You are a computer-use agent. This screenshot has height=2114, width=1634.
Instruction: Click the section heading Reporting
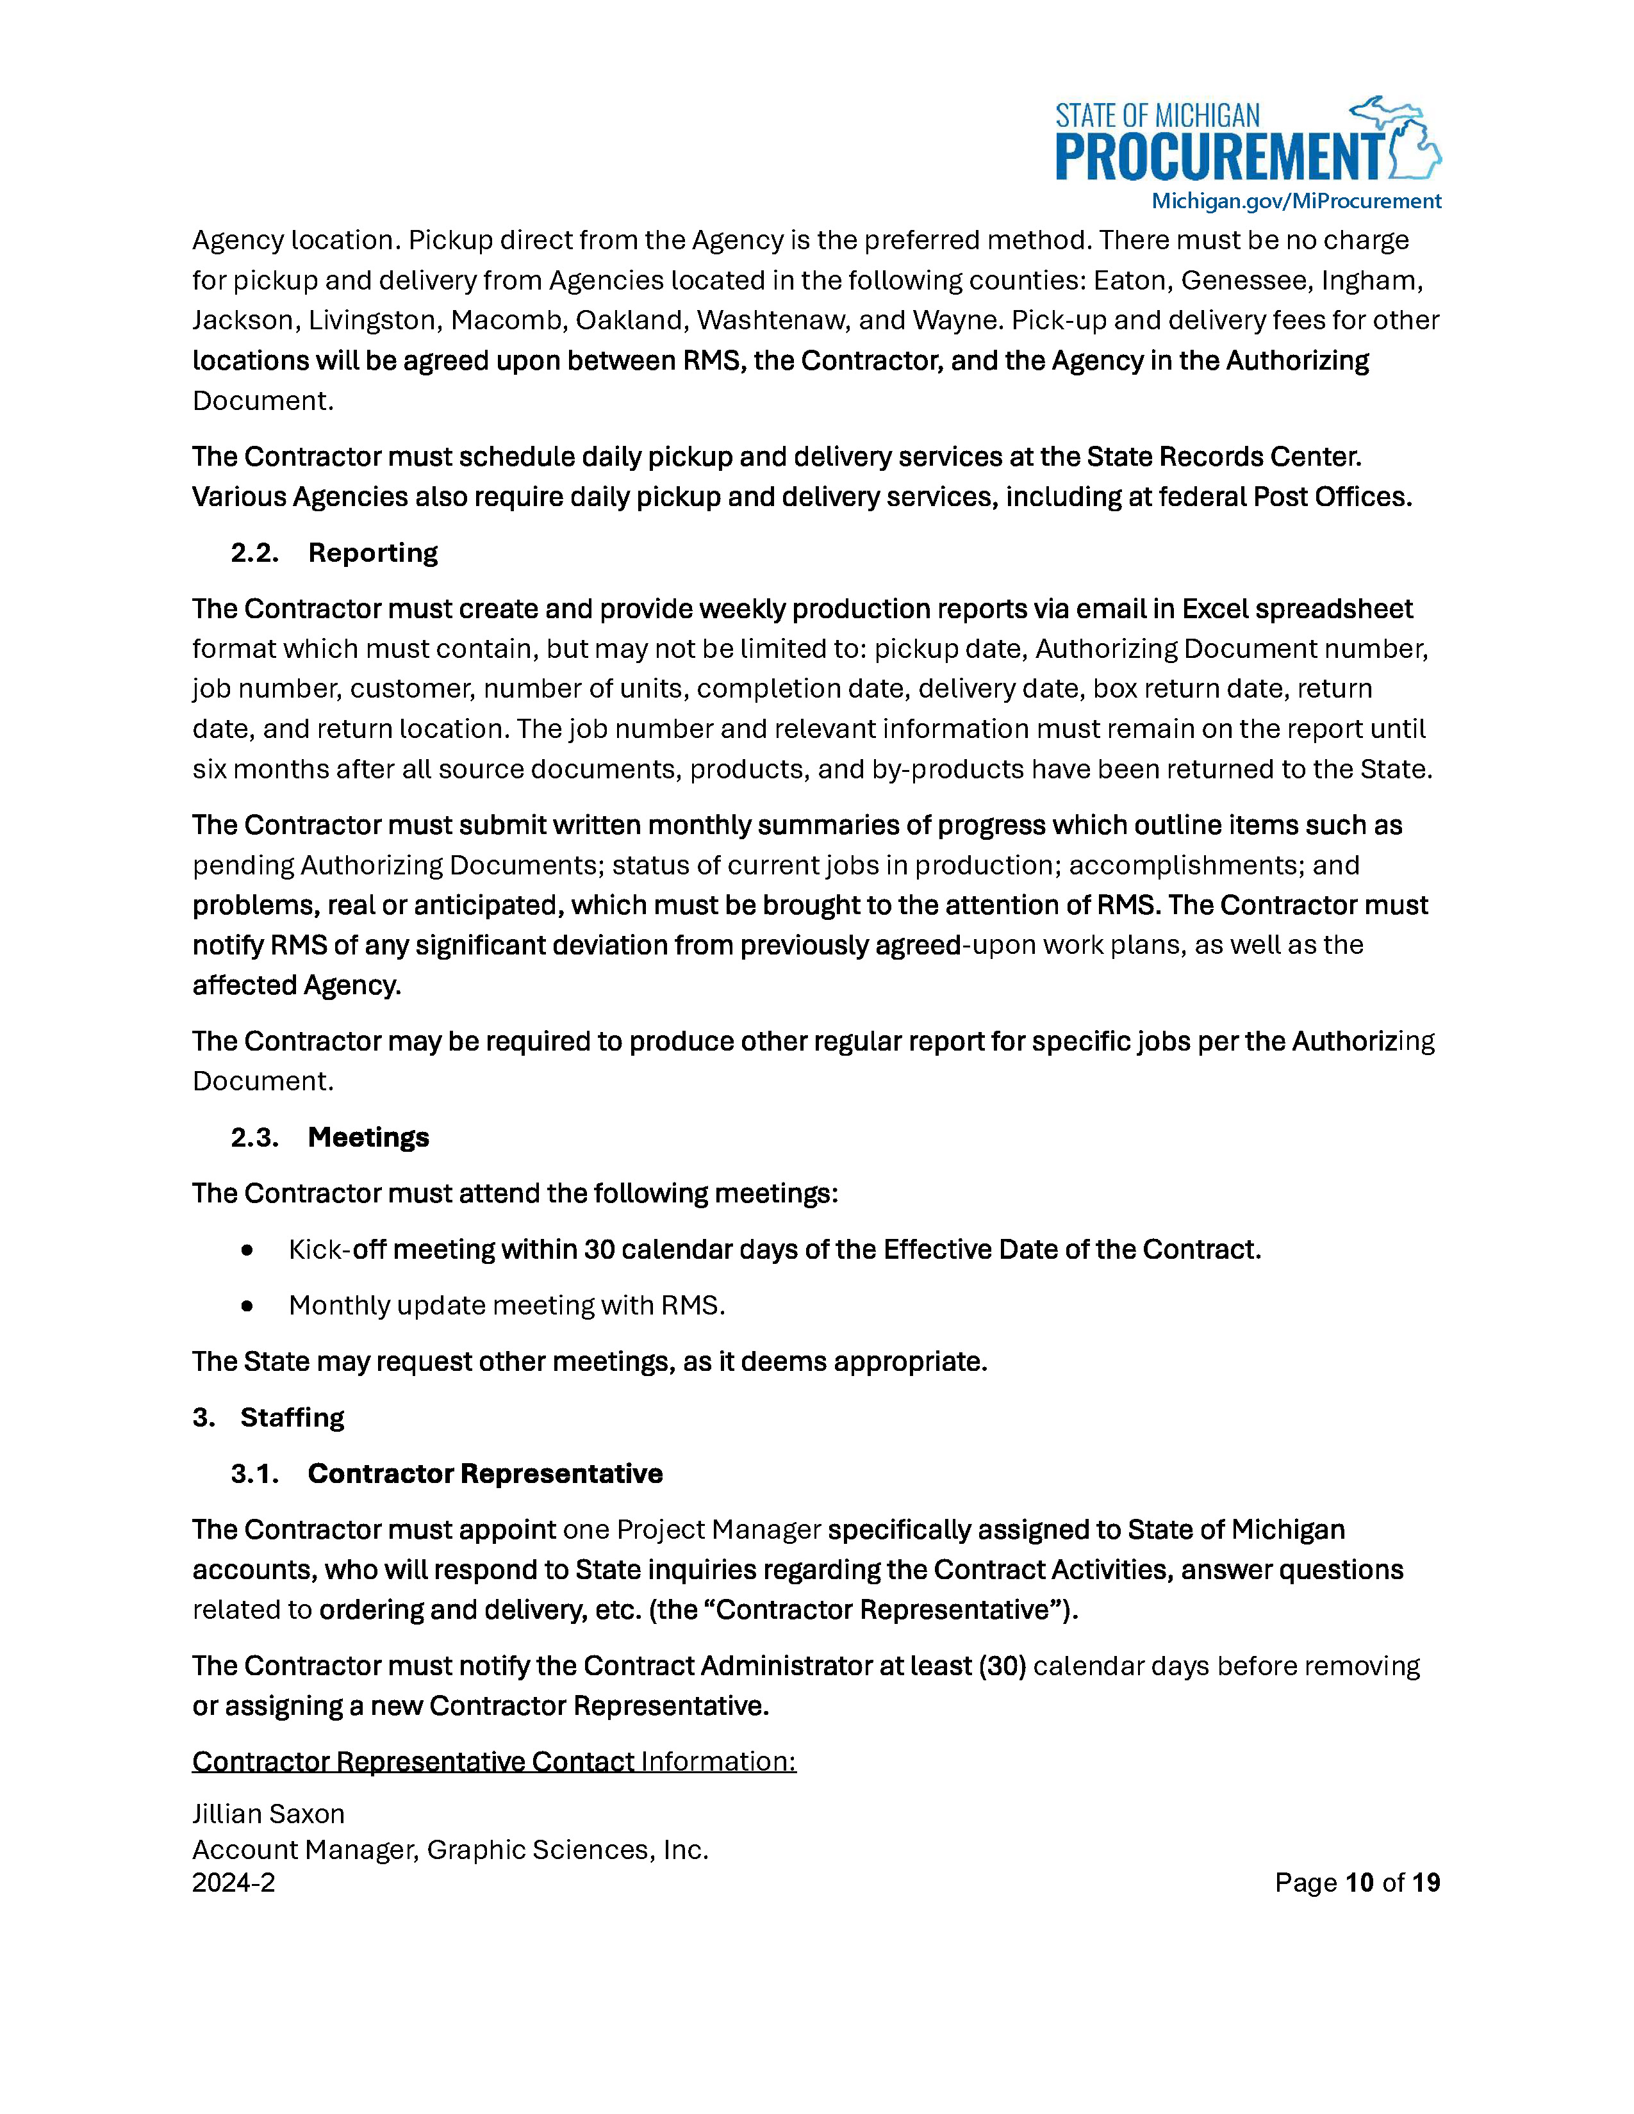pos(373,553)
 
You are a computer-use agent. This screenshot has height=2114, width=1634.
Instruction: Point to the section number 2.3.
pos(254,1137)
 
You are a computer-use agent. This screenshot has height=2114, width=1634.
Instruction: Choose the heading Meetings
pos(368,1137)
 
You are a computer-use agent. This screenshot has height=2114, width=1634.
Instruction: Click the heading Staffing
pos(292,1418)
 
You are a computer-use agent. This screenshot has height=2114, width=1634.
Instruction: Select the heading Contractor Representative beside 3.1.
pos(485,1474)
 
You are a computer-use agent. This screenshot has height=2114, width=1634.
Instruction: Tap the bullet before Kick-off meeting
pos(248,1250)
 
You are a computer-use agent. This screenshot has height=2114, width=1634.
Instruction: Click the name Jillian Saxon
pos(268,1814)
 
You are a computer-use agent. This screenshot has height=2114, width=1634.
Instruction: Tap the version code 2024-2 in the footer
pos(233,1883)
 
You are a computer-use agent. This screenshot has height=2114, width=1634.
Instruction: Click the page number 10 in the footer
pos(1359,1883)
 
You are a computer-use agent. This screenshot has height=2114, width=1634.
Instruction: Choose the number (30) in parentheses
pos(1002,1666)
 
